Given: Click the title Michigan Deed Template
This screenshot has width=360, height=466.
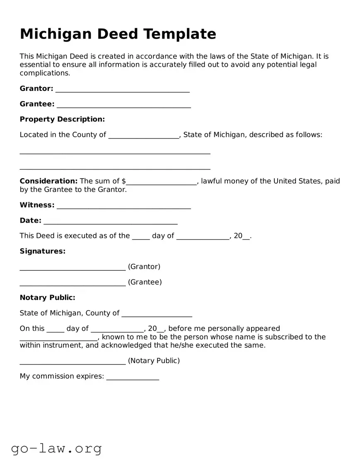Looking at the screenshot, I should click(118, 34).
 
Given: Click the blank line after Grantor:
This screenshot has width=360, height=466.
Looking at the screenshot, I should click(122, 89).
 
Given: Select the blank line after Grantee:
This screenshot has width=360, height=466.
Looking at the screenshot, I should click(123, 104).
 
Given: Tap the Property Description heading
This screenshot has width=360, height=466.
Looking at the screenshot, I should click(62, 119).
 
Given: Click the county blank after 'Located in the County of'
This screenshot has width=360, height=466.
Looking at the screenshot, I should click(143, 135).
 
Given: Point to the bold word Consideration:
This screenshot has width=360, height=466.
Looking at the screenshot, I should click(48, 181).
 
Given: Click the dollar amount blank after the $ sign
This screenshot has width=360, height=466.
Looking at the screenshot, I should click(162, 182).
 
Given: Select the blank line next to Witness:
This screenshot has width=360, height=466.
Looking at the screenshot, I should click(123, 206).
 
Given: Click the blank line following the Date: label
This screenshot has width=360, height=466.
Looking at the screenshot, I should click(110, 221).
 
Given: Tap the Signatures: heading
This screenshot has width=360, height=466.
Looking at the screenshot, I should click(43, 251).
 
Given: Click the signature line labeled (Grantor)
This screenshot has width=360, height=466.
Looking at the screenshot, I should click(72, 267).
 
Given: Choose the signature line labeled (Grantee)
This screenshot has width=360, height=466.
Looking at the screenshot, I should click(72, 283).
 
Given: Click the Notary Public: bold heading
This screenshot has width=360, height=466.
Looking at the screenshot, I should click(48, 298).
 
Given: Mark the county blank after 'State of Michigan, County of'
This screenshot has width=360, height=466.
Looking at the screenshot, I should click(157, 314).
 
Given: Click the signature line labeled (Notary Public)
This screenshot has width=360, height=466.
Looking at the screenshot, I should click(72, 362).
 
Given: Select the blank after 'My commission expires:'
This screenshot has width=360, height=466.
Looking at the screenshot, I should click(133, 377).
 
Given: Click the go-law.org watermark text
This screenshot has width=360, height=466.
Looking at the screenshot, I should click(56, 448).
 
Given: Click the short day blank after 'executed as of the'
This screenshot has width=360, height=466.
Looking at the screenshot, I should click(141, 236).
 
